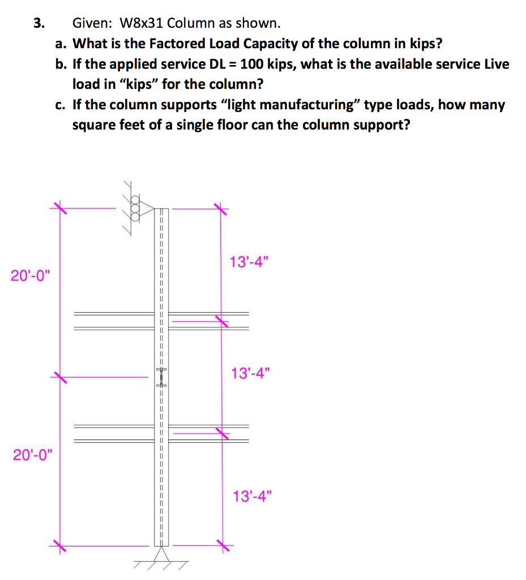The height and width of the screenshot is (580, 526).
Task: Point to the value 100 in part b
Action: pyautogui.click(x=252, y=64)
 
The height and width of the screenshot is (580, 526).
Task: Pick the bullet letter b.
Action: pyautogui.click(x=61, y=64)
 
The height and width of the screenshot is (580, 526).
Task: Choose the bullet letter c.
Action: pyautogui.click(x=61, y=105)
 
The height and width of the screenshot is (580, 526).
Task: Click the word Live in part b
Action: pyautogui.click(x=497, y=64)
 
